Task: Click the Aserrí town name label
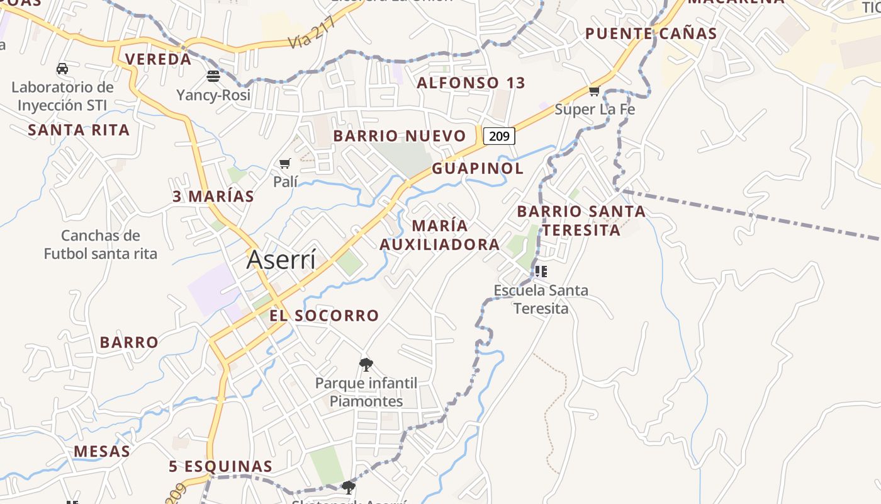click(281, 260)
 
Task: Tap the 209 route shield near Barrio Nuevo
click(499, 135)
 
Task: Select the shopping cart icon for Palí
click(285, 164)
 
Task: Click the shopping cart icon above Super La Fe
click(594, 91)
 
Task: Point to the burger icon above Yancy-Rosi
click(213, 77)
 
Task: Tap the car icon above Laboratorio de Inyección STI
click(62, 69)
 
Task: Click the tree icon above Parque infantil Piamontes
click(366, 364)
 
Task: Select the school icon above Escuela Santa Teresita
click(541, 272)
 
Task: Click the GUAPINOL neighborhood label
click(478, 168)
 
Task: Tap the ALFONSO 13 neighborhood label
click(471, 83)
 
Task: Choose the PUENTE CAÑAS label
click(651, 33)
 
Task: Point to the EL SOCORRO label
click(324, 315)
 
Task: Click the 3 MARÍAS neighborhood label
click(213, 196)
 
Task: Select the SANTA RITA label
click(79, 130)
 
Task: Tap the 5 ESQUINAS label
click(220, 466)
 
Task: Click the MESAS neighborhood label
click(102, 451)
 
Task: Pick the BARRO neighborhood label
click(129, 342)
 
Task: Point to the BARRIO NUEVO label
click(400, 135)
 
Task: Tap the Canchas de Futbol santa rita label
click(100, 244)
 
